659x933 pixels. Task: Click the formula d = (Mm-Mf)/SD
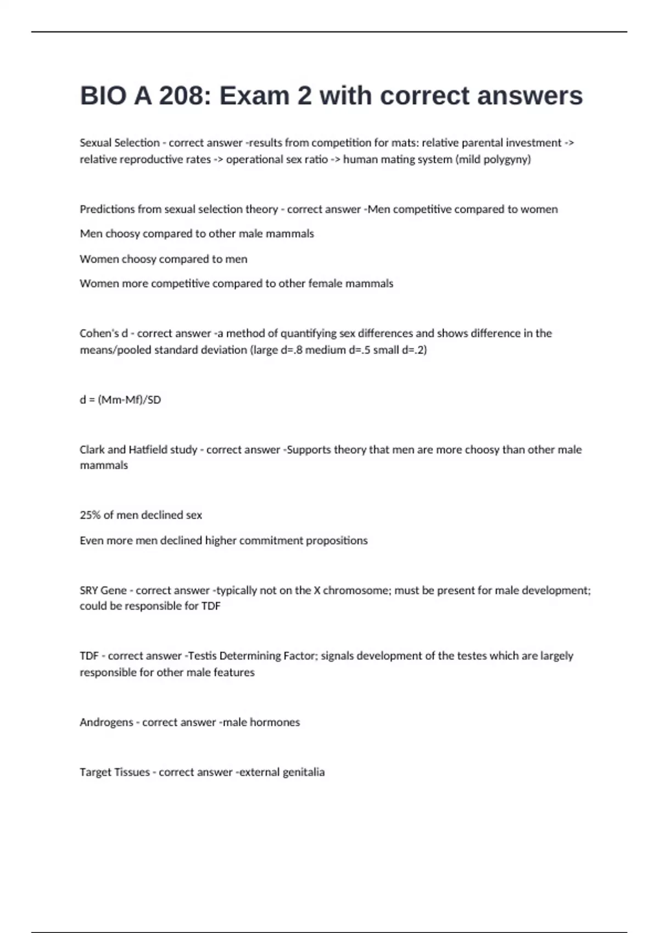pyautogui.click(x=120, y=400)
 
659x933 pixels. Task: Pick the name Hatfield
pyautogui.click(x=148, y=449)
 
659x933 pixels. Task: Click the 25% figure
pyautogui.click(x=90, y=515)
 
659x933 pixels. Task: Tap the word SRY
pyautogui.click(x=89, y=591)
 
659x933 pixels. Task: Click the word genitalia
pyautogui.click(x=303, y=772)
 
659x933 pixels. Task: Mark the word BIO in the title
pyautogui.click(x=103, y=96)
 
